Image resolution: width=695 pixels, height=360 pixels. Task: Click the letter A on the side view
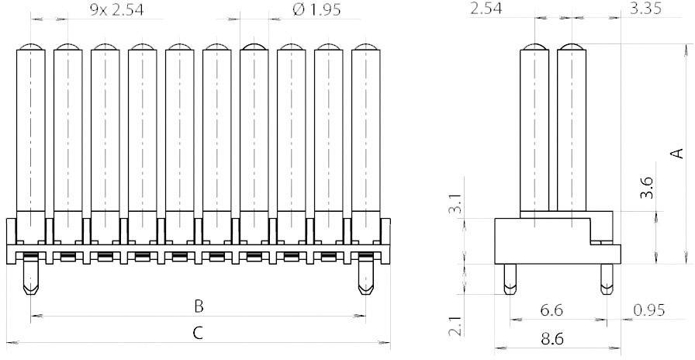(x=677, y=154)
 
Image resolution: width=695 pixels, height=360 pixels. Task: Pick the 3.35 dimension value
(x=646, y=9)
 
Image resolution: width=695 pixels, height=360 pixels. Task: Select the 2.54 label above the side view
(x=486, y=9)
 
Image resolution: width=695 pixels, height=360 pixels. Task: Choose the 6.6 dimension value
(x=552, y=310)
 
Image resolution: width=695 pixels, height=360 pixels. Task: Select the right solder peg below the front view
(x=365, y=279)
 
